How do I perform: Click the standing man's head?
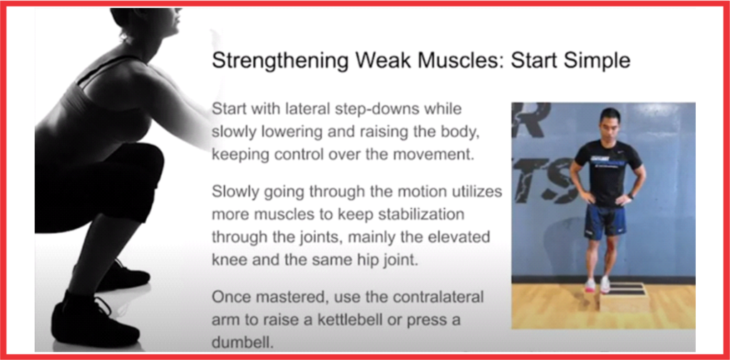[610, 123]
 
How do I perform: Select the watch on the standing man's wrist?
[631, 196]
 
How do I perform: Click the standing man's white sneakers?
[597, 284]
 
